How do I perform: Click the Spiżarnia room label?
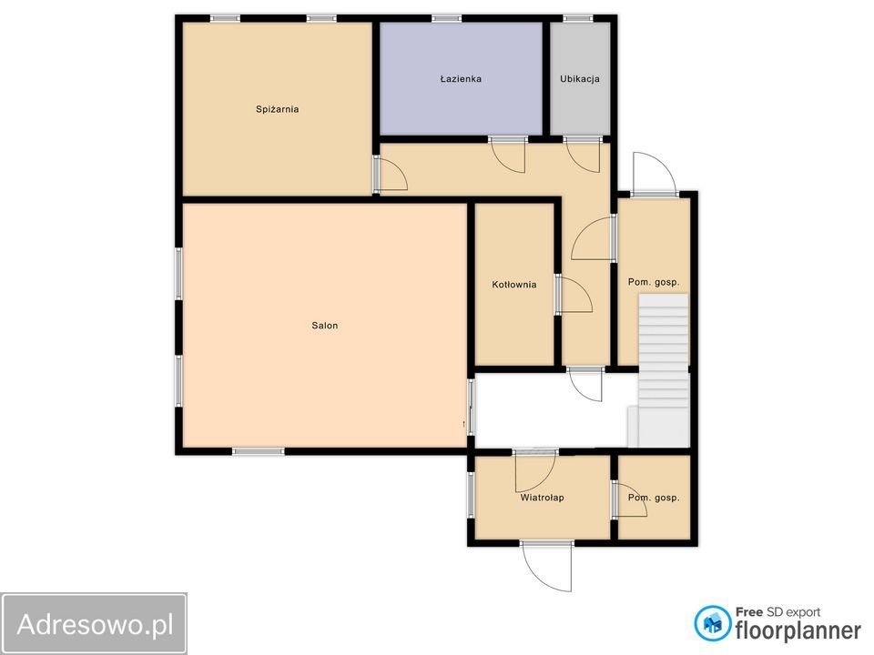pos(277,109)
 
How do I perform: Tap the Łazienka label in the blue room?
pos(461,78)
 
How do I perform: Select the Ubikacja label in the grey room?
pos(580,78)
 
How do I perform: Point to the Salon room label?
pos(324,326)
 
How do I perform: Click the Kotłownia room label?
pos(513,285)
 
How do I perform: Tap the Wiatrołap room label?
pos(542,498)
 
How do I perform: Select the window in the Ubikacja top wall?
pos(577,18)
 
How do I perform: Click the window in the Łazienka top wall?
pos(446,18)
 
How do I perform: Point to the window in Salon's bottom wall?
pos(258,452)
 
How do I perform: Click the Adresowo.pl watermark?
pos(94,624)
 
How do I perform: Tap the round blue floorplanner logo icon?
pos(712,624)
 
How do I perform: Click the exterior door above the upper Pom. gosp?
pos(655,176)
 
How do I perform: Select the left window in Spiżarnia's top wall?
pos(225,18)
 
